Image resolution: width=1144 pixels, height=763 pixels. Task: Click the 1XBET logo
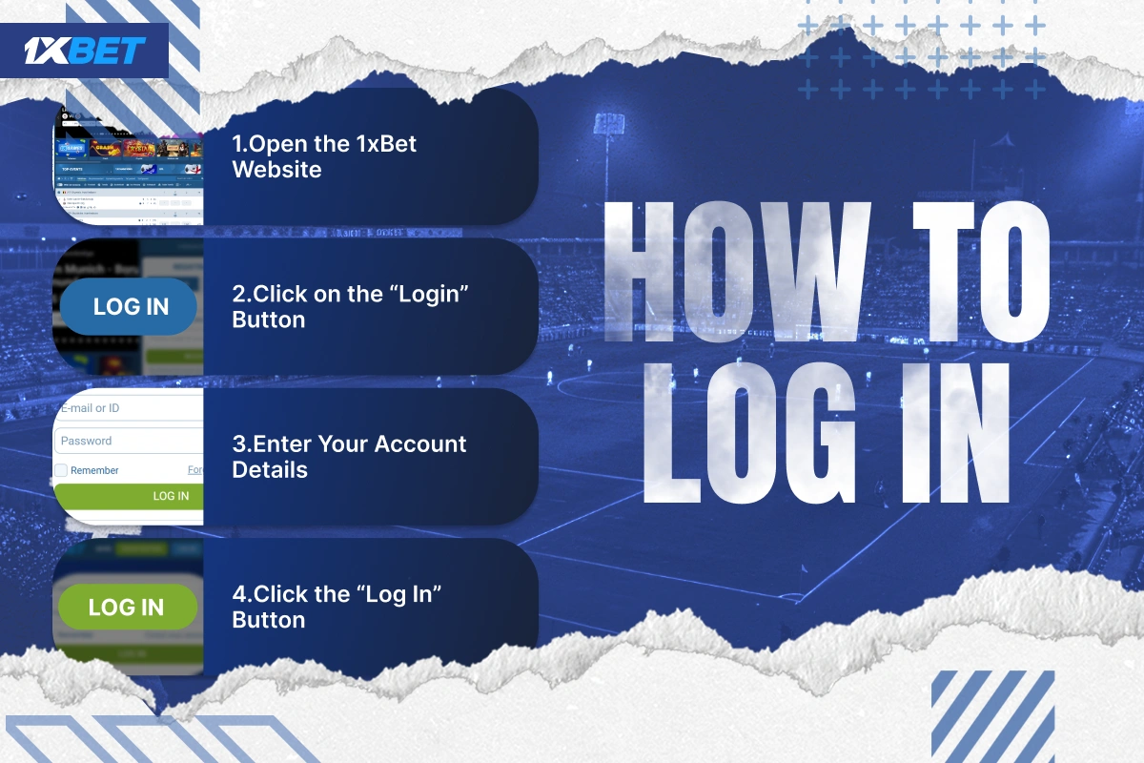coord(86,50)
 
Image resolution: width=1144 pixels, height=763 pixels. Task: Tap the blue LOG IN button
coord(130,306)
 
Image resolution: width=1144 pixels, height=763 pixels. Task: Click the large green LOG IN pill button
coord(127,607)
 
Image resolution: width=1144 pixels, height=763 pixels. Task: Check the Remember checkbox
coord(61,470)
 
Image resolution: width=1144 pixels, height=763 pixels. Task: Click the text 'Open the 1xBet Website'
coord(324,156)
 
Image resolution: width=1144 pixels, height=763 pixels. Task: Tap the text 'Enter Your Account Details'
coord(349,456)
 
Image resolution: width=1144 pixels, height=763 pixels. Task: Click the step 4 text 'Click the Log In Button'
coord(337,607)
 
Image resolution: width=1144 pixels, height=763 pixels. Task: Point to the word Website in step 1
coord(276,170)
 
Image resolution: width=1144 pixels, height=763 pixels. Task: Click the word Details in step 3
coord(270,469)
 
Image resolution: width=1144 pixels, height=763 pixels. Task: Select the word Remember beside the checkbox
coord(94,470)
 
